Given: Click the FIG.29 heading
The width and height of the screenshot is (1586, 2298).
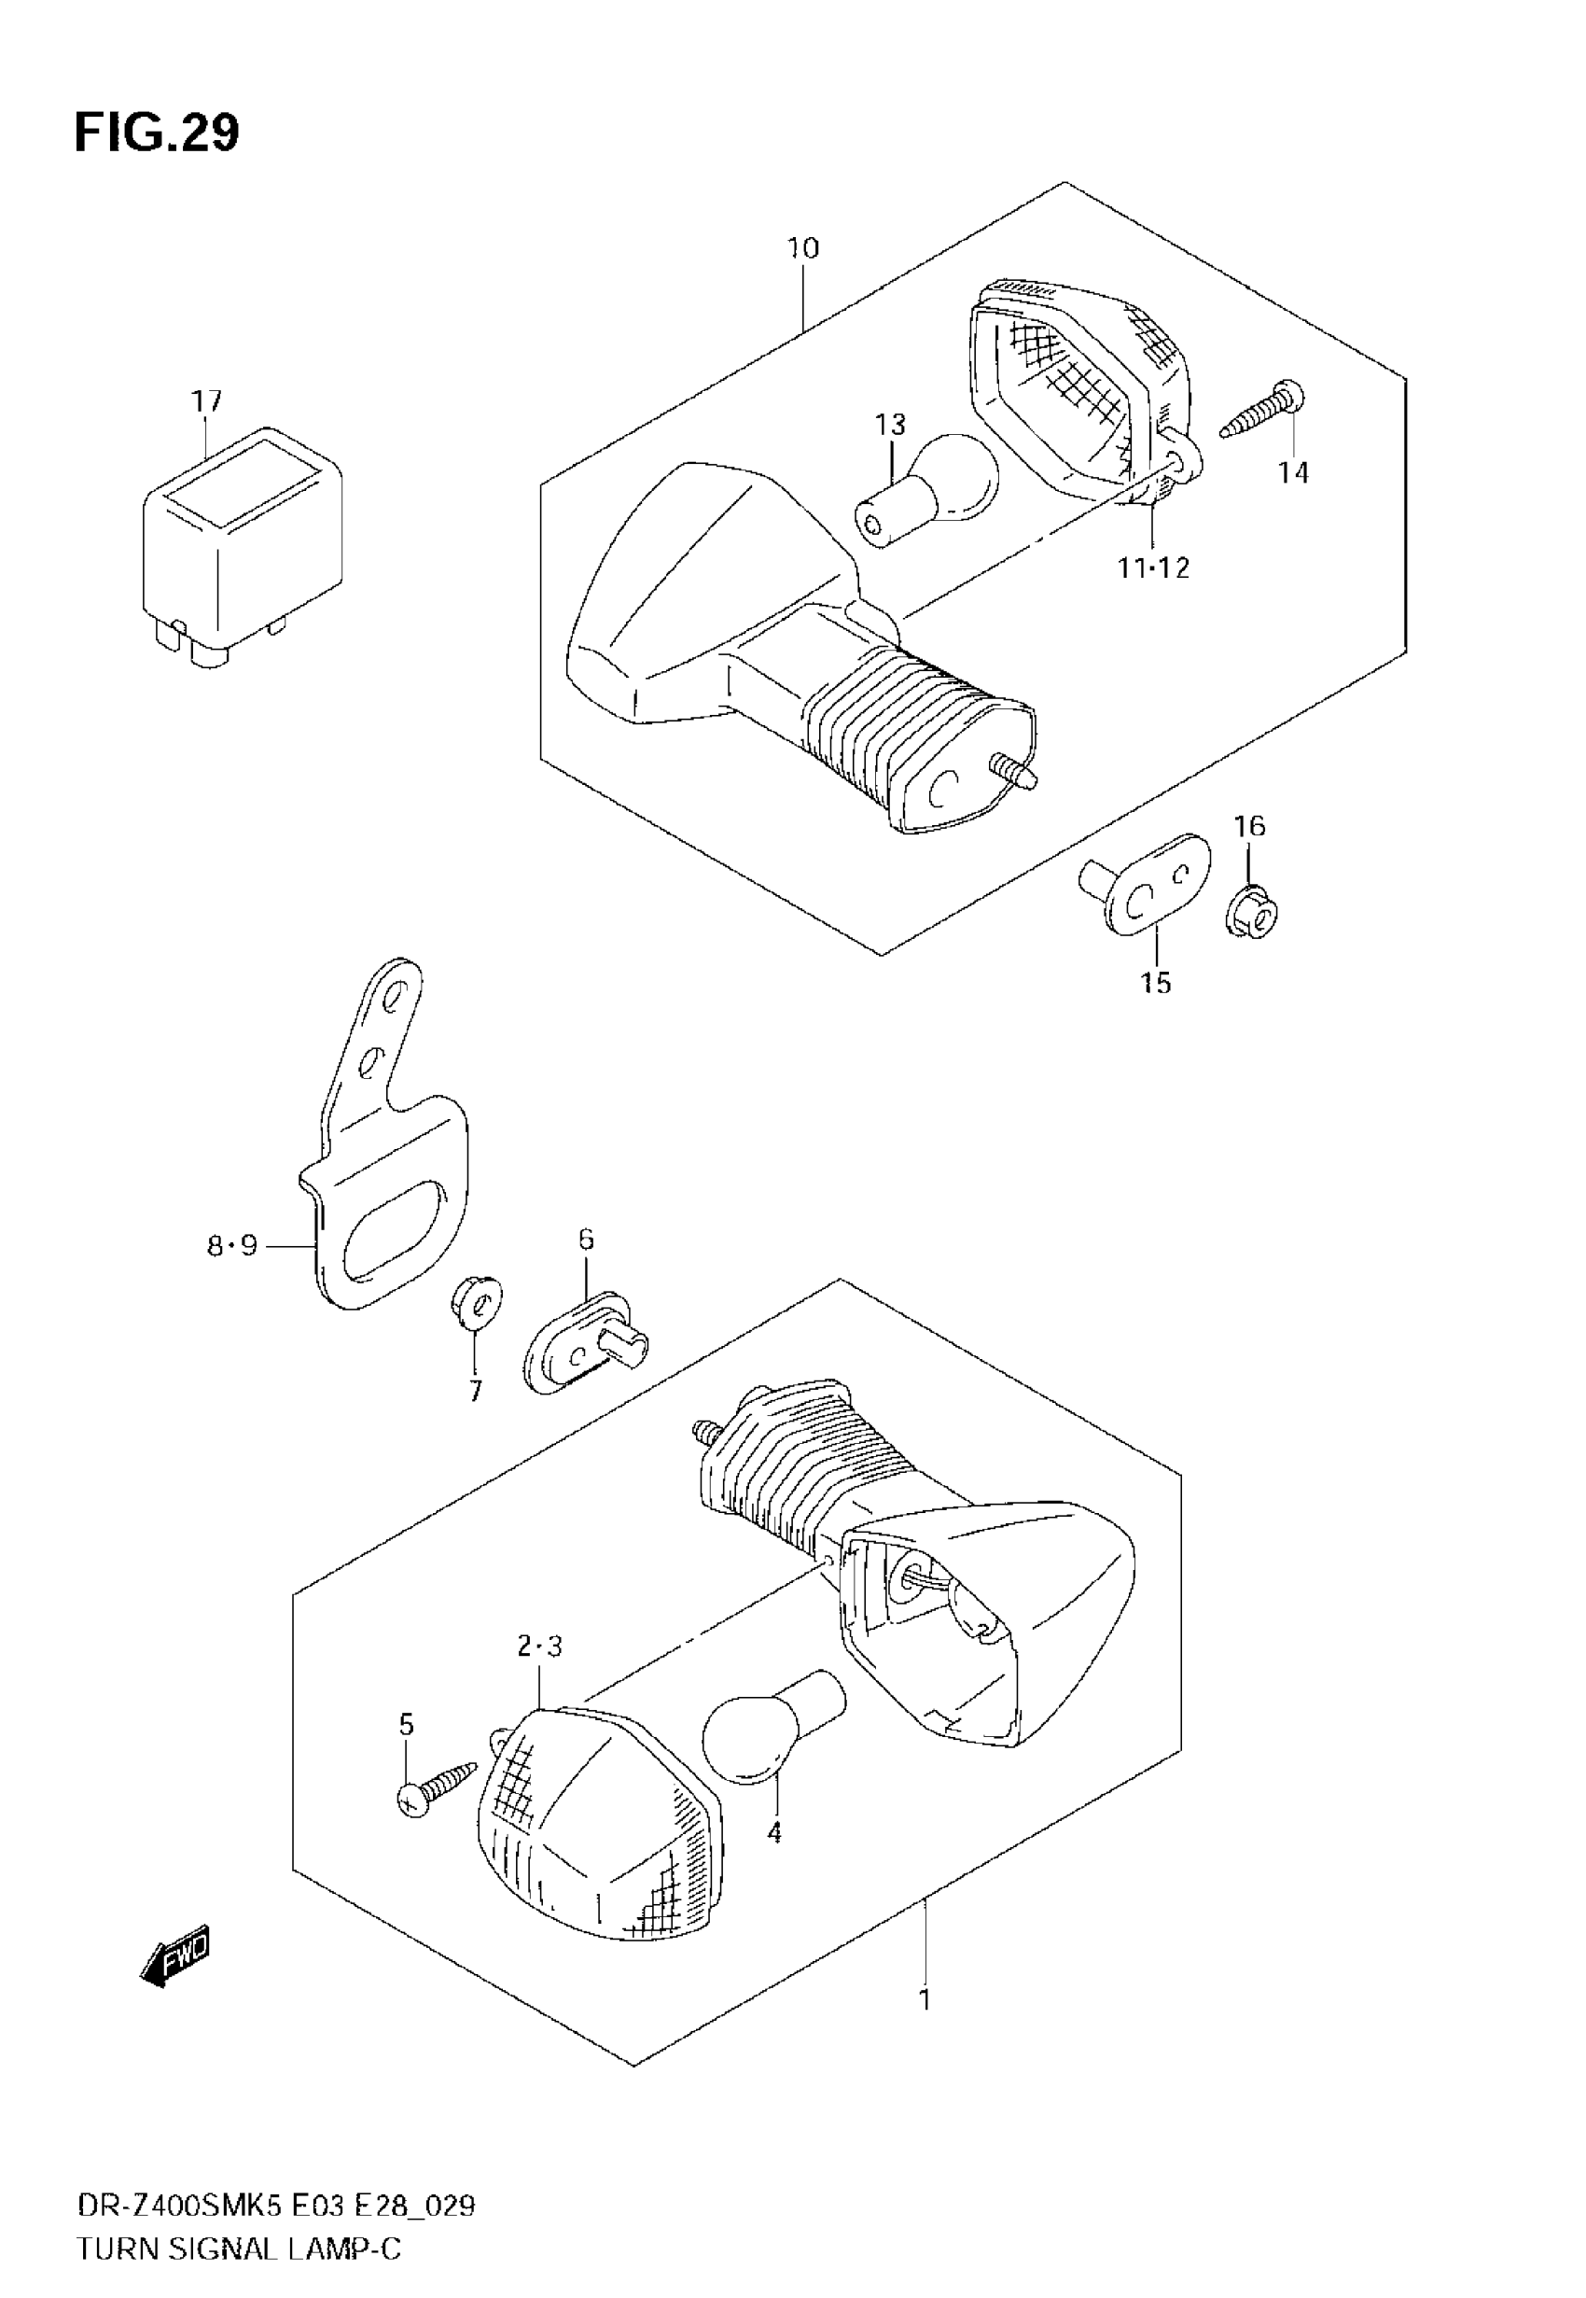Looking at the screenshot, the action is click(x=157, y=133).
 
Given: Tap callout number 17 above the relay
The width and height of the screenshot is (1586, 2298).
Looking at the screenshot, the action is click(x=207, y=401).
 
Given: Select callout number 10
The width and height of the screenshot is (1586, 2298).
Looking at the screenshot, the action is click(x=803, y=248).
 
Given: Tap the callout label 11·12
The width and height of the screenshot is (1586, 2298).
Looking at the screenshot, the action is click(x=1153, y=567).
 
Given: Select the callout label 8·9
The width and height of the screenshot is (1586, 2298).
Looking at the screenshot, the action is click(x=231, y=1244).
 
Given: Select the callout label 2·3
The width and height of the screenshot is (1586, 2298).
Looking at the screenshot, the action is click(x=539, y=1647).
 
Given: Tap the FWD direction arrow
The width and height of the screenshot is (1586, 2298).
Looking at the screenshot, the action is click(x=177, y=1956).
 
